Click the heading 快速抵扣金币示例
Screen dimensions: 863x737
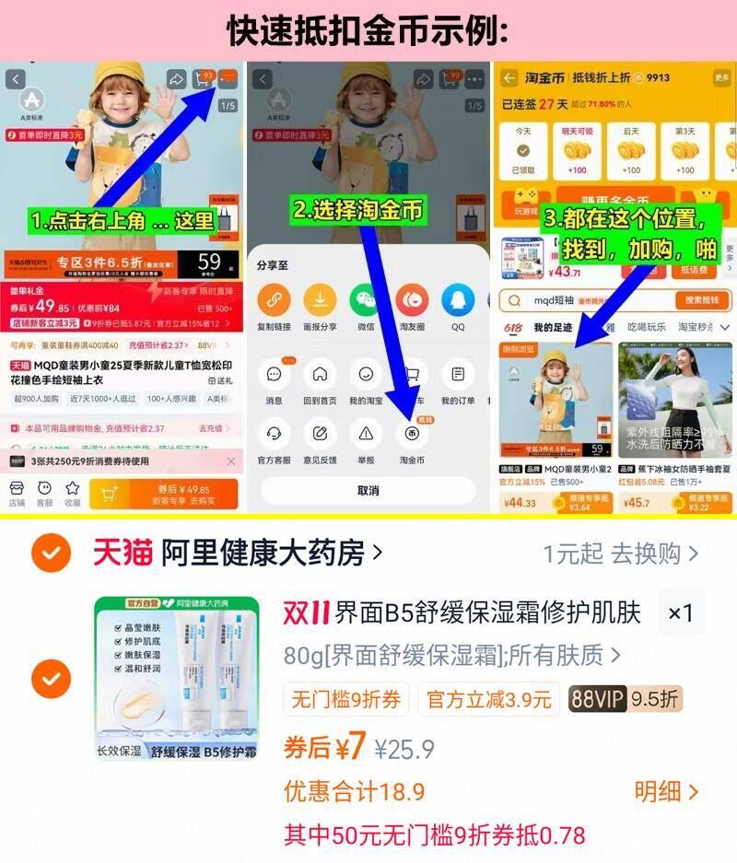(x=368, y=29)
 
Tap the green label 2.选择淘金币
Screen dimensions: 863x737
(x=358, y=210)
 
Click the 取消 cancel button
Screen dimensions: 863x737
(x=368, y=491)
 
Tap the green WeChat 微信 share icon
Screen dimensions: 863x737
(x=366, y=300)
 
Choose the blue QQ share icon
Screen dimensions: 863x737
(x=458, y=300)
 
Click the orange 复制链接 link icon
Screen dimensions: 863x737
(x=274, y=300)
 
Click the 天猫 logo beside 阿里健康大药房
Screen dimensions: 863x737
(x=123, y=553)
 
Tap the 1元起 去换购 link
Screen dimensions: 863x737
(x=620, y=554)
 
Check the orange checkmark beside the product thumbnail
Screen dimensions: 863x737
(x=51, y=680)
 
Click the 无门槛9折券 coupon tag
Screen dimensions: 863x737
(x=346, y=699)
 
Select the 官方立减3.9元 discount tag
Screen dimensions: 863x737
(x=488, y=699)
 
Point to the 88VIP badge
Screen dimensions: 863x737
(x=598, y=699)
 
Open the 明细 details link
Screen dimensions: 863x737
(x=666, y=791)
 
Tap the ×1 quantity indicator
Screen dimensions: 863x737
(x=681, y=613)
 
